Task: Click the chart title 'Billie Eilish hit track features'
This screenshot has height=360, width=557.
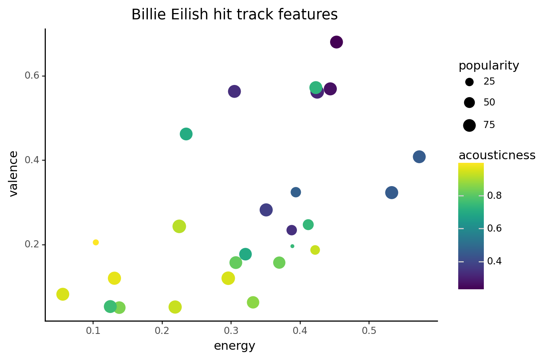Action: click(x=234, y=14)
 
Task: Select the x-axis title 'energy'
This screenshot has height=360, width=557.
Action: click(x=234, y=346)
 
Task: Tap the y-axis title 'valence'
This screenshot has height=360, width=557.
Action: click(x=13, y=174)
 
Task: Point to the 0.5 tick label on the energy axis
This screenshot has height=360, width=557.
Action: click(x=369, y=331)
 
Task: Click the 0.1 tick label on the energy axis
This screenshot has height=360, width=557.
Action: click(x=93, y=331)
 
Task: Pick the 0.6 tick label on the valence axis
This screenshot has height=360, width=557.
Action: click(x=32, y=75)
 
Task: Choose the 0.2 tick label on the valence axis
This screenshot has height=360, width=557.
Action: click(x=32, y=244)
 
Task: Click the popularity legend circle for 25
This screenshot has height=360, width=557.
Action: click(x=470, y=82)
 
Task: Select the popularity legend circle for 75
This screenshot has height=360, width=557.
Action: click(x=470, y=125)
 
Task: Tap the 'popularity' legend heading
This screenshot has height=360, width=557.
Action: click(x=489, y=66)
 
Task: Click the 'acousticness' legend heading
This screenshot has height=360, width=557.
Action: click(x=497, y=155)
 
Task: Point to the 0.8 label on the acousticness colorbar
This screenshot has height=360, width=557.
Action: click(x=494, y=196)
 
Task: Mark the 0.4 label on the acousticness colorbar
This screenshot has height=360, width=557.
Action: click(x=494, y=261)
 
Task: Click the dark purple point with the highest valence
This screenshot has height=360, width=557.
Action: click(x=336, y=42)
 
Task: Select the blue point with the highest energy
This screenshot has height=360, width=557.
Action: click(x=419, y=157)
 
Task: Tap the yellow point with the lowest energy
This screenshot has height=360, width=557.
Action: click(x=63, y=294)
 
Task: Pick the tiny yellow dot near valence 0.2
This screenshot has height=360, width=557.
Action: click(x=96, y=242)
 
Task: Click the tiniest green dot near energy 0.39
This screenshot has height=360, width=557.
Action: click(x=293, y=246)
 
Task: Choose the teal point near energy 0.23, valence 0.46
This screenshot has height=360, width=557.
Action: click(x=186, y=134)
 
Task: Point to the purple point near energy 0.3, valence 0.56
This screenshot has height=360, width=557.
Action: click(x=234, y=92)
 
